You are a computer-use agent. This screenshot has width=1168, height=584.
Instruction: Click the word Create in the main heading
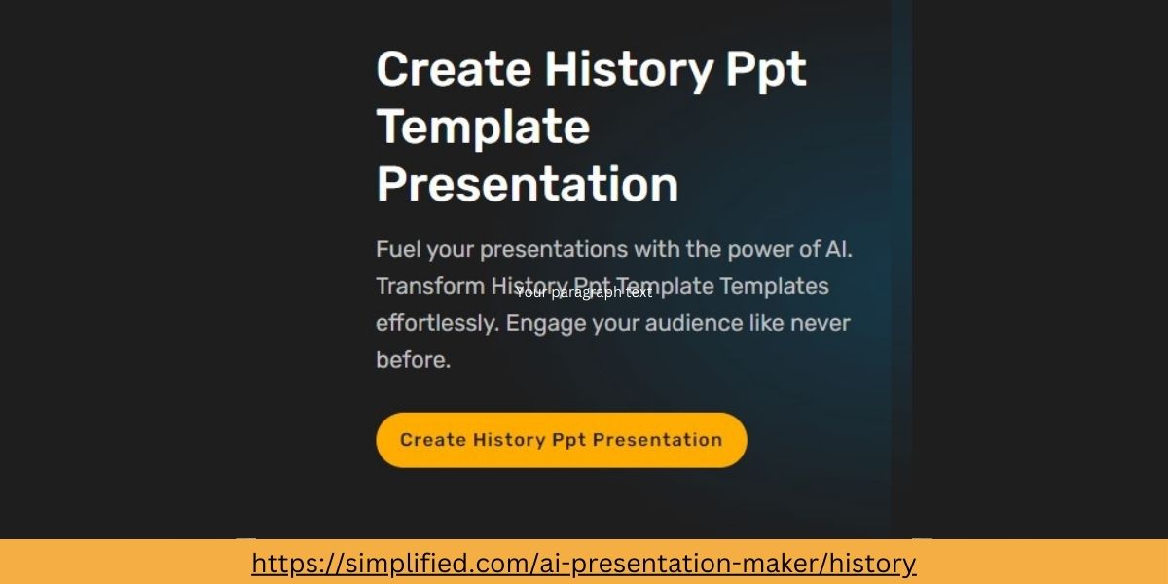(453, 70)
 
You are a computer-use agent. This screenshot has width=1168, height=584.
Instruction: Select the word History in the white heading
(628, 70)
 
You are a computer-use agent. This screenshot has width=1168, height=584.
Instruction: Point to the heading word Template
(483, 128)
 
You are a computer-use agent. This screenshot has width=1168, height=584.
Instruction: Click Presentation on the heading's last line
(527, 185)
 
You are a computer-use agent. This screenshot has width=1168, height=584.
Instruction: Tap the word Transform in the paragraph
(429, 286)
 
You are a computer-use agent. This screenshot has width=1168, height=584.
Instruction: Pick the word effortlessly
(436, 323)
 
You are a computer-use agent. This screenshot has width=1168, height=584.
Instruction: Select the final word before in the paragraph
(413, 360)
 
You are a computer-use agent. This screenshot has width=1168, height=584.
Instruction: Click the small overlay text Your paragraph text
(584, 292)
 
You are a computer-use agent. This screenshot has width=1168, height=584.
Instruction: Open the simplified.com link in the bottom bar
(584, 563)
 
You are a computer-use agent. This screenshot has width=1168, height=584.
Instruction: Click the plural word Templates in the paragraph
(775, 286)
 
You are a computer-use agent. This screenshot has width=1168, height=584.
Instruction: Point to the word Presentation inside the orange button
(657, 440)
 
